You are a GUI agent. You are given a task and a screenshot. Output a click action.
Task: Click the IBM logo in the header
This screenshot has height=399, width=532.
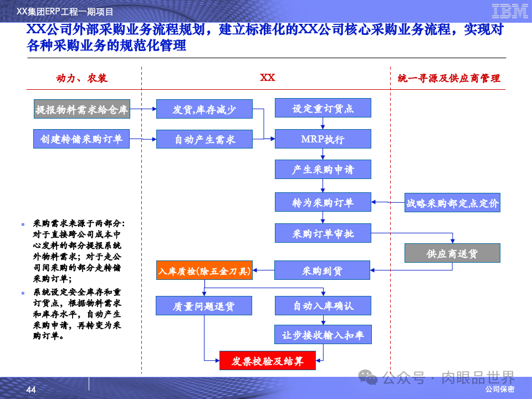pyautogui.click(x=509, y=11)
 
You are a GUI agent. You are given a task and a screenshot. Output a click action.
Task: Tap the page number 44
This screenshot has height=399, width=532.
pyautogui.click(x=31, y=391)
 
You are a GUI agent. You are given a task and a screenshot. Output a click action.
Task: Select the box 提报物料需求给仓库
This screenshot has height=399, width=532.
pyautogui.click(x=81, y=110)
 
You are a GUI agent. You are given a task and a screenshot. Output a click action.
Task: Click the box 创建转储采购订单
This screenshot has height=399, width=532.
pyautogui.click(x=81, y=139)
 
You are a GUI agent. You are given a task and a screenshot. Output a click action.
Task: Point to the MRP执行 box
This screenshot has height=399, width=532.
pyautogui.click(x=323, y=139)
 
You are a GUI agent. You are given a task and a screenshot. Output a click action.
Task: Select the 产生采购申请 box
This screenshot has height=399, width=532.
pyautogui.click(x=323, y=170)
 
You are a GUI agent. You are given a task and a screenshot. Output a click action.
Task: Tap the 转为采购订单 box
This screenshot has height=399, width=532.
pyautogui.click(x=323, y=202)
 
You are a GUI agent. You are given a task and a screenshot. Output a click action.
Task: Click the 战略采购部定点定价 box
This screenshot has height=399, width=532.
pyautogui.click(x=452, y=203)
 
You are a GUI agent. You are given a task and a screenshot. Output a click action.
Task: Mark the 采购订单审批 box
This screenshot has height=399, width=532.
pyautogui.click(x=323, y=233)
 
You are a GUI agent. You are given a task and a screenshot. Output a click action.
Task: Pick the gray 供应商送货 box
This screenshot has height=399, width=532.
pyautogui.click(x=452, y=253)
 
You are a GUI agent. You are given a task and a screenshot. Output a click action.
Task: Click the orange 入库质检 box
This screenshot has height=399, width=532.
pyautogui.click(x=204, y=270)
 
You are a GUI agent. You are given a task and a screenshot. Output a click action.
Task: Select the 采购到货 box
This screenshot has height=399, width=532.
pyautogui.click(x=323, y=270)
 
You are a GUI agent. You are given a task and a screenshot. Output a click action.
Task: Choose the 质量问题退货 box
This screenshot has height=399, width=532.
pyautogui.click(x=204, y=305)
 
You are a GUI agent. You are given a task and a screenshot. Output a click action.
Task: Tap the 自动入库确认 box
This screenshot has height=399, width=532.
pyautogui.click(x=323, y=305)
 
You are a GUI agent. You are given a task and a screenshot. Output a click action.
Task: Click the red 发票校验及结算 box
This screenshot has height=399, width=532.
pyautogui.click(x=268, y=361)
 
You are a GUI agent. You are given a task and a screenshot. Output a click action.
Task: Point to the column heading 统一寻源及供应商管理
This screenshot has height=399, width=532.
pyautogui.click(x=449, y=78)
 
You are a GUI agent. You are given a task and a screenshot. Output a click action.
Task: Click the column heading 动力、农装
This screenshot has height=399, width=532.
pyautogui.click(x=82, y=78)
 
